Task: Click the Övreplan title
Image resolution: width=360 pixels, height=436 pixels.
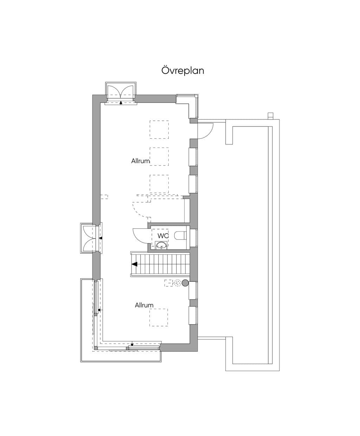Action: (182, 71)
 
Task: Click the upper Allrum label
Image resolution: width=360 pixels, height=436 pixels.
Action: (140, 161)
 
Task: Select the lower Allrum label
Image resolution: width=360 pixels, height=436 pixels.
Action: (144, 305)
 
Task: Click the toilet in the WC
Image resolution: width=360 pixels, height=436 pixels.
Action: (180, 235)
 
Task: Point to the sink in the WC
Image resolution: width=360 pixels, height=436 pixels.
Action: (161, 245)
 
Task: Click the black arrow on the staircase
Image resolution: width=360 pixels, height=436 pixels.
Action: (134, 264)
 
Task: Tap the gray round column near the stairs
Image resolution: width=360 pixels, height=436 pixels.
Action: (185, 283)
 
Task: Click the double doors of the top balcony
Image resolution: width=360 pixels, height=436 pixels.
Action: (121, 91)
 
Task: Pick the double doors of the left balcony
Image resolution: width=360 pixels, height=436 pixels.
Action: (89, 238)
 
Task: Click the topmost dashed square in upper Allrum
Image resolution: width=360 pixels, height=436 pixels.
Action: (159, 129)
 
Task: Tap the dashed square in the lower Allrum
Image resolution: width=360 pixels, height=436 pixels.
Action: (159, 317)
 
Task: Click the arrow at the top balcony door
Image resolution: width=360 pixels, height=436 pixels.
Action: (121, 102)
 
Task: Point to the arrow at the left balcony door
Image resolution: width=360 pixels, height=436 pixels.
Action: (101, 238)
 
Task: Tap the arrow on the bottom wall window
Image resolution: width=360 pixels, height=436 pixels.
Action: (132, 345)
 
